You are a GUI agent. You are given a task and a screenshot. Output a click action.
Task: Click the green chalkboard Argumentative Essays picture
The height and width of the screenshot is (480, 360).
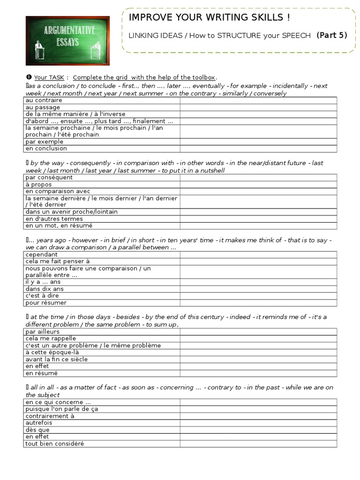pyautogui.click(x=67, y=40)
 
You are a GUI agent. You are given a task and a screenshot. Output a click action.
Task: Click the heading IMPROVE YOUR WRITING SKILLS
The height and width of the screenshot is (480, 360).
pyautogui.click(x=209, y=18)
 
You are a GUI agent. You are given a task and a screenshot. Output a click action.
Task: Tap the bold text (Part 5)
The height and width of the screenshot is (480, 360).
pyautogui.click(x=332, y=35)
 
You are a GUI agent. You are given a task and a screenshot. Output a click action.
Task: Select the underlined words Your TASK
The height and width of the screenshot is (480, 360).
pyautogui.click(x=49, y=77)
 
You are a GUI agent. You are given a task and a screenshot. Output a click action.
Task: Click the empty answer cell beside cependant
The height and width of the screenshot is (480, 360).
pyautogui.click(x=258, y=255)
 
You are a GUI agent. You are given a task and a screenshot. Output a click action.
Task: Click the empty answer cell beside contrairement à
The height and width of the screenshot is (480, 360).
pyautogui.click(x=258, y=416)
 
